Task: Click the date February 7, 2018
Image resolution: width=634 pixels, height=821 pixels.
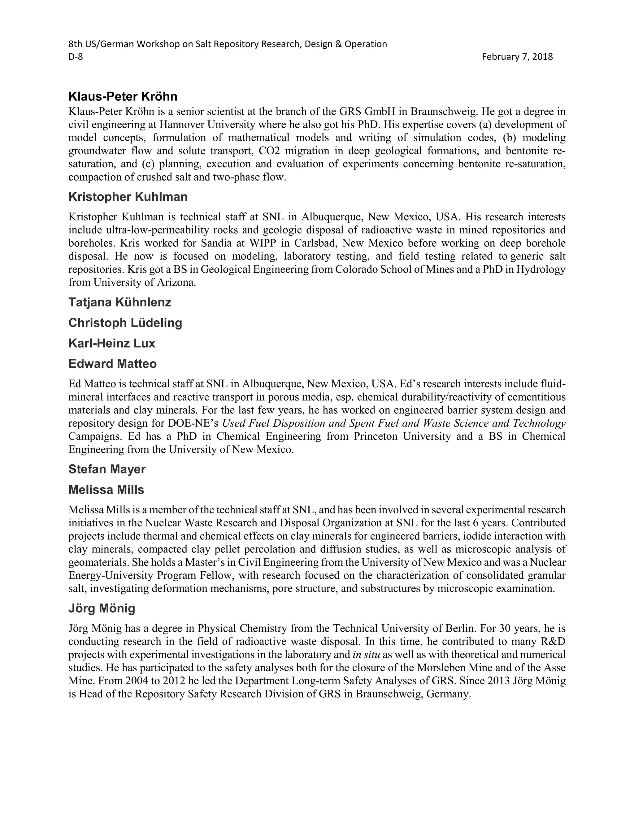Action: point(517,57)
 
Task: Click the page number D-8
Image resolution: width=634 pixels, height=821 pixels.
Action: point(76,57)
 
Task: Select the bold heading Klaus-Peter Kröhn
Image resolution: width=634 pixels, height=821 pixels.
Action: point(123,97)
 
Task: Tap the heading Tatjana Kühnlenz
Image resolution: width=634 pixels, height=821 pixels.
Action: point(120,302)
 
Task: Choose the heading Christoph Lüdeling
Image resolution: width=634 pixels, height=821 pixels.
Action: point(125,323)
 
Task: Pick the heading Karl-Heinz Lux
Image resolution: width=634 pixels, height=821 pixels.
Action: point(111,343)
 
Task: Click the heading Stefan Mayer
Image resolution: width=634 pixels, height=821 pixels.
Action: point(107,469)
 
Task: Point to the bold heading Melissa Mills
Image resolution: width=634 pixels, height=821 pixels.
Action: point(106,490)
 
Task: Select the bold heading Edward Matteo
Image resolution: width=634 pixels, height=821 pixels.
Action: point(112,364)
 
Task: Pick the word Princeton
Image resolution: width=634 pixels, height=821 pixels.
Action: point(377,436)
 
